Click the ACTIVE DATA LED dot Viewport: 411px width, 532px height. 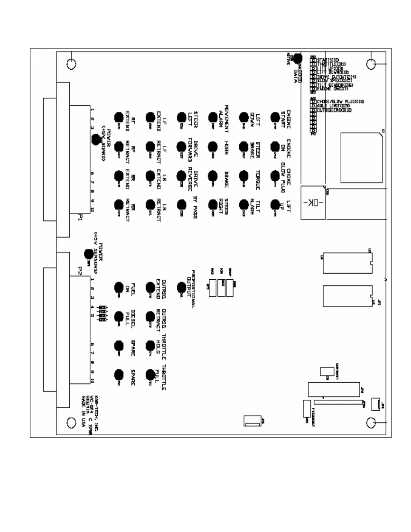tap(298, 59)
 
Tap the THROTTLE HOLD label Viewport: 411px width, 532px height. tap(162, 345)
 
